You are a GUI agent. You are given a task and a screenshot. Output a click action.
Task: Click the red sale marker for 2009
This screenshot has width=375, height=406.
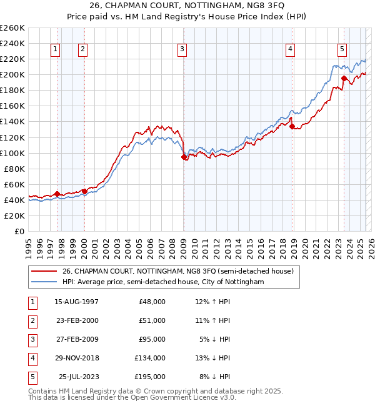(184, 157)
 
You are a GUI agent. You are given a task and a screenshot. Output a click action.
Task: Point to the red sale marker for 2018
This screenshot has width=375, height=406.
(292, 126)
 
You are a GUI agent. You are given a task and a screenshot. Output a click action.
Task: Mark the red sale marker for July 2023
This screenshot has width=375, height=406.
(344, 79)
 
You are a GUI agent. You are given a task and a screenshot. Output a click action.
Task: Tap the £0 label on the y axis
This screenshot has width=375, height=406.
(19, 231)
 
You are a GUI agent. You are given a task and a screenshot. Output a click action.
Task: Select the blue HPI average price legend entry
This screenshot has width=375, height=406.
(163, 282)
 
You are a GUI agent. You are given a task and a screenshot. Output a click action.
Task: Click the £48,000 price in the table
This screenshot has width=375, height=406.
(152, 302)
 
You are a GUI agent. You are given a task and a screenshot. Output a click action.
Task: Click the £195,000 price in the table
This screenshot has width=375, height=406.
(151, 377)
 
